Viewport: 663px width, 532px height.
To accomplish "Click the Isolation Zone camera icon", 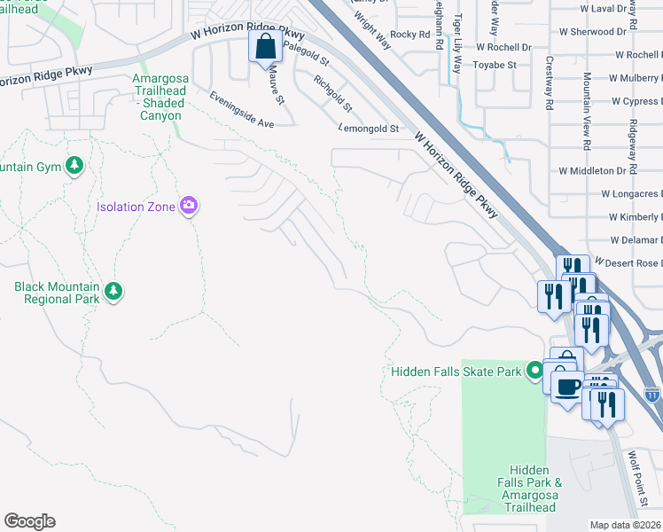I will (x=188, y=207).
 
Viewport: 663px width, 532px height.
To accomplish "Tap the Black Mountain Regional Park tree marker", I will (x=113, y=291).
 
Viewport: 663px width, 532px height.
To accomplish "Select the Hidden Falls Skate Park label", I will (x=456, y=372).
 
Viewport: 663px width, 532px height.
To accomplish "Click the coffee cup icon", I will (x=567, y=386).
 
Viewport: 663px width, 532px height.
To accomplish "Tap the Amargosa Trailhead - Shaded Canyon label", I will (x=157, y=97).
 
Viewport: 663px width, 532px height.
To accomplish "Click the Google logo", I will (x=29, y=521).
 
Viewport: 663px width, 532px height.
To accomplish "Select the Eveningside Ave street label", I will (x=242, y=111).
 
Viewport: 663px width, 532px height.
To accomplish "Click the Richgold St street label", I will (x=333, y=93).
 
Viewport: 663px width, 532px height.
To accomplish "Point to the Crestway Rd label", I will (x=550, y=83).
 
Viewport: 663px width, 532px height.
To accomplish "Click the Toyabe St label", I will (x=495, y=65).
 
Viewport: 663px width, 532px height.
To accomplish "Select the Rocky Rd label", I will (x=409, y=34).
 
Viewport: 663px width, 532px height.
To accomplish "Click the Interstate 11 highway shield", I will (x=652, y=391).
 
